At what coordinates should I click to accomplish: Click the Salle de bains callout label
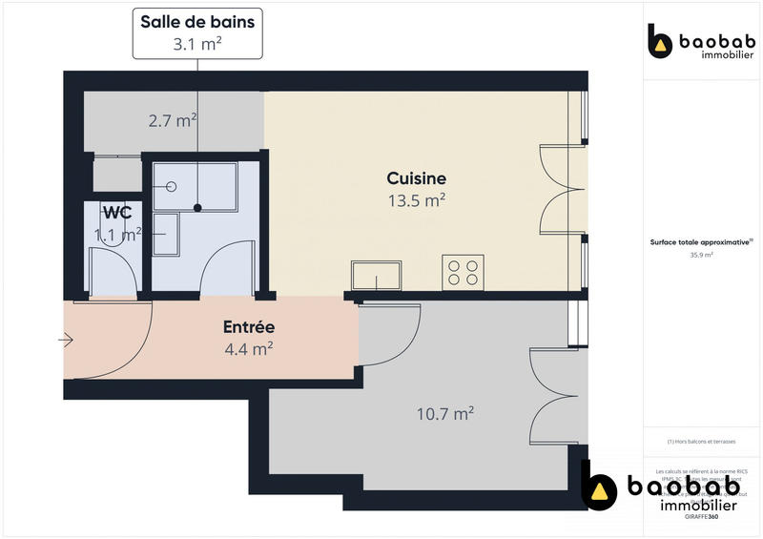(x=197, y=31)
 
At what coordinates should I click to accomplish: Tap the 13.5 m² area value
(x=417, y=200)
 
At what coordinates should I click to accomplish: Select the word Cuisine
(x=416, y=178)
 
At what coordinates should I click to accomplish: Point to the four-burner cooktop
(x=464, y=272)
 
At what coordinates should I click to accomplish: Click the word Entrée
(x=248, y=327)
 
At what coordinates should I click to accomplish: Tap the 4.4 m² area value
(x=248, y=349)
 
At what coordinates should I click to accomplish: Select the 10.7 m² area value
(x=445, y=414)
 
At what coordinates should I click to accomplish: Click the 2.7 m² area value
(x=172, y=120)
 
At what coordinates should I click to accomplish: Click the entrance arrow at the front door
(x=67, y=340)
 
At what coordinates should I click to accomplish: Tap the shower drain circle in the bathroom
(x=173, y=187)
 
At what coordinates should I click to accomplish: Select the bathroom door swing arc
(x=229, y=262)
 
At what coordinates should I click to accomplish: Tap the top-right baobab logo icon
(x=660, y=42)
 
